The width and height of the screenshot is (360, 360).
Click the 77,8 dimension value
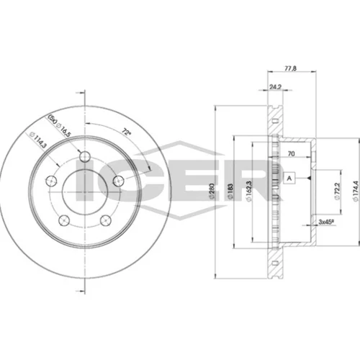[x=291, y=68]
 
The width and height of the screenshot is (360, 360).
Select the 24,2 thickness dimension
[x=275, y=87]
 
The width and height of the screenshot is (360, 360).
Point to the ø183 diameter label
[x=230, y=191]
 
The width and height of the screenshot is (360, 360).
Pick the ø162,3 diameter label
[x=248, y=191]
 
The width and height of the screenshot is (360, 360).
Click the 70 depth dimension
[x=291, y=153]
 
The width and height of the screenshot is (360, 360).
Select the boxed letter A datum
[x=289, y=178]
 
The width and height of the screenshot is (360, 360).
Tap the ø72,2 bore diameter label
[x=337, y=191]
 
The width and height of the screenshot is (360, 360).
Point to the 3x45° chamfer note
[x=326, y=222]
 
